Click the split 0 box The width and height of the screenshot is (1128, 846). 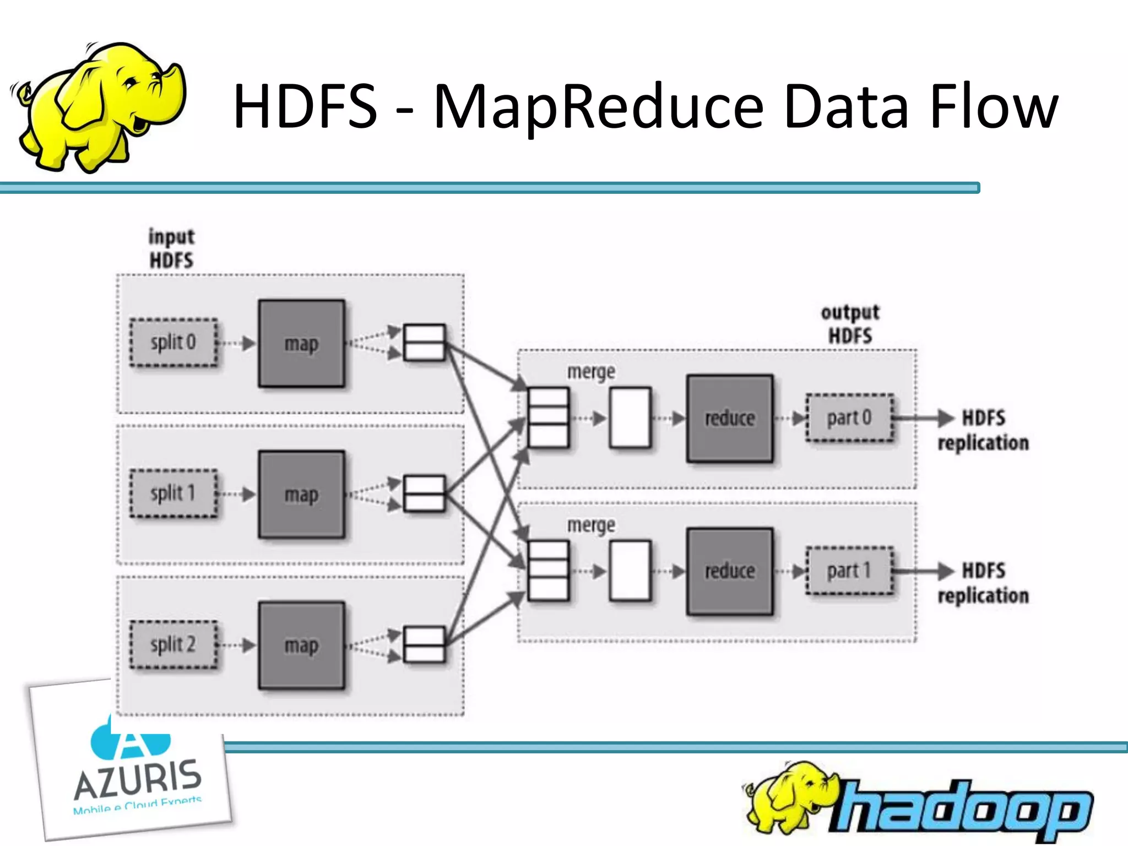coord(173,343)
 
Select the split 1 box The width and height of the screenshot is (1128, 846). coord(173,493)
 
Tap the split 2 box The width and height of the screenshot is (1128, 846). coord(173,644)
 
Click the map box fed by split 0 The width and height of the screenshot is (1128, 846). coord(302,344)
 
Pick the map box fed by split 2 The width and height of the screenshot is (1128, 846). coord(302,645)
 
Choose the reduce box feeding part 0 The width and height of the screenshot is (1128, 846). coord(730,419)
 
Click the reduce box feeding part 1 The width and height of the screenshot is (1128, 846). coord(730,571)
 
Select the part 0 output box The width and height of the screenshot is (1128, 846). coord(849,418)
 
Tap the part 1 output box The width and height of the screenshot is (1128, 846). coord(849,571)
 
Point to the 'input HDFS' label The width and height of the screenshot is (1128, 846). coord(171,248)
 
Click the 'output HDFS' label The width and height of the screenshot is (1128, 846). coord(850,324)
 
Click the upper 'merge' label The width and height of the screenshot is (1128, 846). coord(591,372)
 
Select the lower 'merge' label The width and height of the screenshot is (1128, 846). coord(591,525)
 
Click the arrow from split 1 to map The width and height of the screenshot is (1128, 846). coord(237,494)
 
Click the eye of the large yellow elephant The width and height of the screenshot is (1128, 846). coord(131,83)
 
